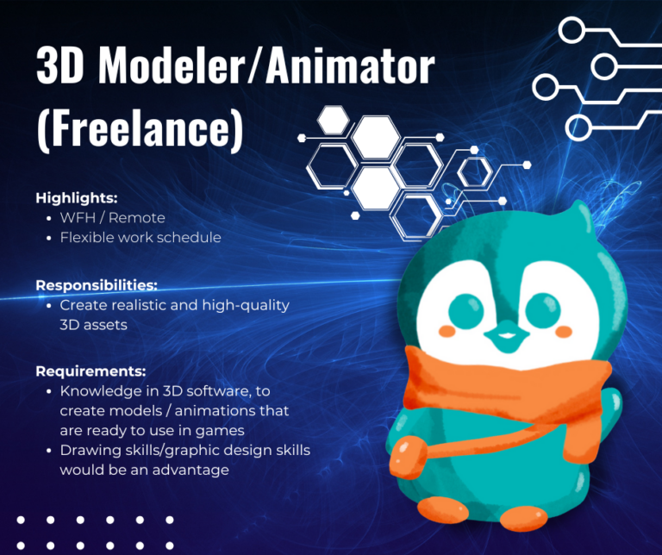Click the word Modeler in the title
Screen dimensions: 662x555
172,65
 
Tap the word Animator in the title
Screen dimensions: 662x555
350,65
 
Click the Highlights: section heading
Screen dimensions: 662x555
77,198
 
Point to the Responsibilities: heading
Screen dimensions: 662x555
97,285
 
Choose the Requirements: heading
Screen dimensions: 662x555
91,371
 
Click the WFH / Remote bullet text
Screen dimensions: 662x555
112,218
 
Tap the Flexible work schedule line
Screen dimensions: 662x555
141,237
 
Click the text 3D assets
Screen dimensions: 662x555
93,325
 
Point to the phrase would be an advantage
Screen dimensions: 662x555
145,470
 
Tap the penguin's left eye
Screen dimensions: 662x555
465,311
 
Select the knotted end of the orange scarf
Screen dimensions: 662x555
409,458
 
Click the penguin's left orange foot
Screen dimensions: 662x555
442,510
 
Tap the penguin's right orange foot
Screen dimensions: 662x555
523,518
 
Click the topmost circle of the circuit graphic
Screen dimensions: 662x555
571,30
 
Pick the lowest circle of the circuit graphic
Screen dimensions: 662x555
578,127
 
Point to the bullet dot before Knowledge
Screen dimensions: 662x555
49,391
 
